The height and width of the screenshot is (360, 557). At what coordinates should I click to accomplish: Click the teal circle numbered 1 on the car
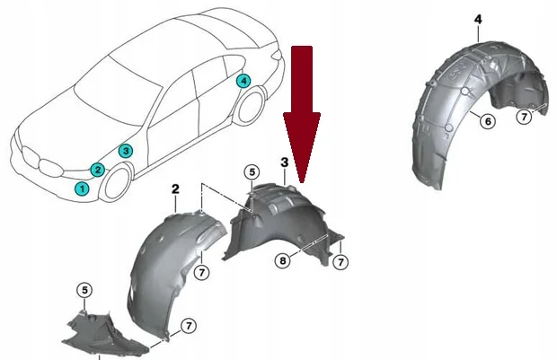coord(82,189)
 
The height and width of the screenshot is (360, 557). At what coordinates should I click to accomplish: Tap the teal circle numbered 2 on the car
coord(98,170)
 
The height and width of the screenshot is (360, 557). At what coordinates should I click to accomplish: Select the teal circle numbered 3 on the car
coord(126,151)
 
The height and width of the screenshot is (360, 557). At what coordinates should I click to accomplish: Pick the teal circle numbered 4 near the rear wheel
coord(243,81)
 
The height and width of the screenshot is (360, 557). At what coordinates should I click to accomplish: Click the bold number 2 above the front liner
coord(175,189)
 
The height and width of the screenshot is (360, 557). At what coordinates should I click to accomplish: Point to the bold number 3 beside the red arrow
coord(285,162)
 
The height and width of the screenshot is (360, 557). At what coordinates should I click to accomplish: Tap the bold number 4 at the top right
coord(478,20)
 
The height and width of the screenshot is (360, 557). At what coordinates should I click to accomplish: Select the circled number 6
coord(488,121)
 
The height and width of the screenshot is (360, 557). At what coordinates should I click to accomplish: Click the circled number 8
coord(283,261)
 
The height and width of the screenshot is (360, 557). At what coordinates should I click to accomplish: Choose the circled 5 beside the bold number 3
coord(252,172)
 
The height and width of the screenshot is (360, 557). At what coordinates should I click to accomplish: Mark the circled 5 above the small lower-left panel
coord(84,290)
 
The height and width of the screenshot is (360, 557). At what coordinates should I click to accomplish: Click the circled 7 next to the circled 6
coord(524,117)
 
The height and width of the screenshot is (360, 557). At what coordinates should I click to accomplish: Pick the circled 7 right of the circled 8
coord(340,262)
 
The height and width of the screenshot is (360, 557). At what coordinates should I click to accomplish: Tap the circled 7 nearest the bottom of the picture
coord(189,326)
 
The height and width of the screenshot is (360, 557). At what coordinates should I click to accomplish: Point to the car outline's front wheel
coord(117,181)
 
